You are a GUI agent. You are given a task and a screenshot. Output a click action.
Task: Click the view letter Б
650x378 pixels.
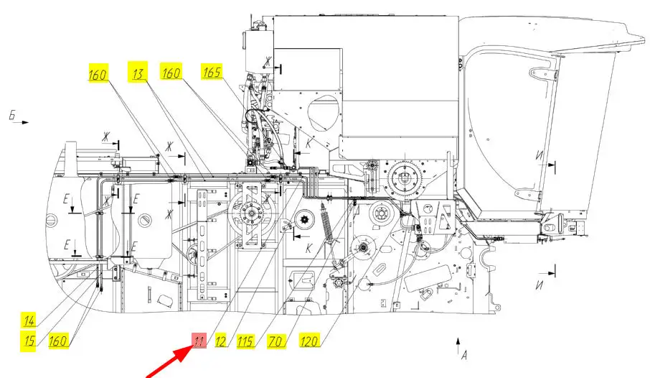click(x=11, y=115)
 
